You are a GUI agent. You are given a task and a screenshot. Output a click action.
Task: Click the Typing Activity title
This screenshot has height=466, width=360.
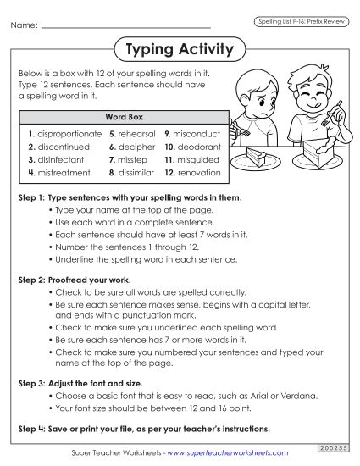[x=179, y=50]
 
